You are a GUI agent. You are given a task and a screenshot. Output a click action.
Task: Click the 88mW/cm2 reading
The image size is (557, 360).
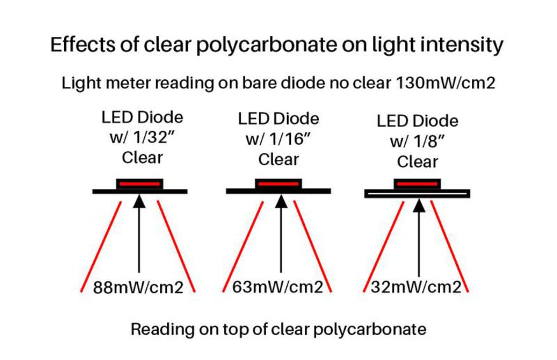coord(138,288)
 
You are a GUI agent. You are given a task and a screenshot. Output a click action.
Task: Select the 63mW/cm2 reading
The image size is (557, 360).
coord(278,287)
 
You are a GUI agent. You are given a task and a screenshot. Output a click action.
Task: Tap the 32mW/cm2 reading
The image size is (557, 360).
coord(416,287)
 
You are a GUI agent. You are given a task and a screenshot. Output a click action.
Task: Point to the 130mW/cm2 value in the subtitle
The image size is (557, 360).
coord(445,83)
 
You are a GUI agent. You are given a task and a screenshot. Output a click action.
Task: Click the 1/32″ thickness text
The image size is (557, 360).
coord(154,137)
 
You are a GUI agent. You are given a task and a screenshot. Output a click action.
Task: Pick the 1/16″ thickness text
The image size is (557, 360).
coord(290,139)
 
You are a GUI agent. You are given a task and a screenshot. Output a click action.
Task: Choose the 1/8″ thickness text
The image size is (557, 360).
coord(429,142)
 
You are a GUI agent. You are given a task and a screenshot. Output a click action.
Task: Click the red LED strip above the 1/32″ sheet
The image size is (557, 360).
coord(140,184)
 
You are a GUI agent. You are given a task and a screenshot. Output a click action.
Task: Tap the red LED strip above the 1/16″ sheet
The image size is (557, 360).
coord(278,184)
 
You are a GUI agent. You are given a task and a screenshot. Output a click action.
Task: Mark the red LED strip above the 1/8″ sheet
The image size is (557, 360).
coord(417,184)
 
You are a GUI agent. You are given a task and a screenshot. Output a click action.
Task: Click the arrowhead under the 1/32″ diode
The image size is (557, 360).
coord(139,201)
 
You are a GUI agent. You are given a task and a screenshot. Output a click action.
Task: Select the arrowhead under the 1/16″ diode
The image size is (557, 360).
coord(281,201)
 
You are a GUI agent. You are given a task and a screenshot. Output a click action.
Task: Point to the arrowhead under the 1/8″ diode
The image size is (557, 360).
coord(419,206)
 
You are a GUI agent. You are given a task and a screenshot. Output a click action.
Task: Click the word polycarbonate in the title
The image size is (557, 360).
coord(266,46)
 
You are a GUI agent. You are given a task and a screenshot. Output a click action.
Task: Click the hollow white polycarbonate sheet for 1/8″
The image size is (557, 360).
coord(417,194)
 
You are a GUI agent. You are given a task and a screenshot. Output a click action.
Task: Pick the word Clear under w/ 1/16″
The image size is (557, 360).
coord(278,159)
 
